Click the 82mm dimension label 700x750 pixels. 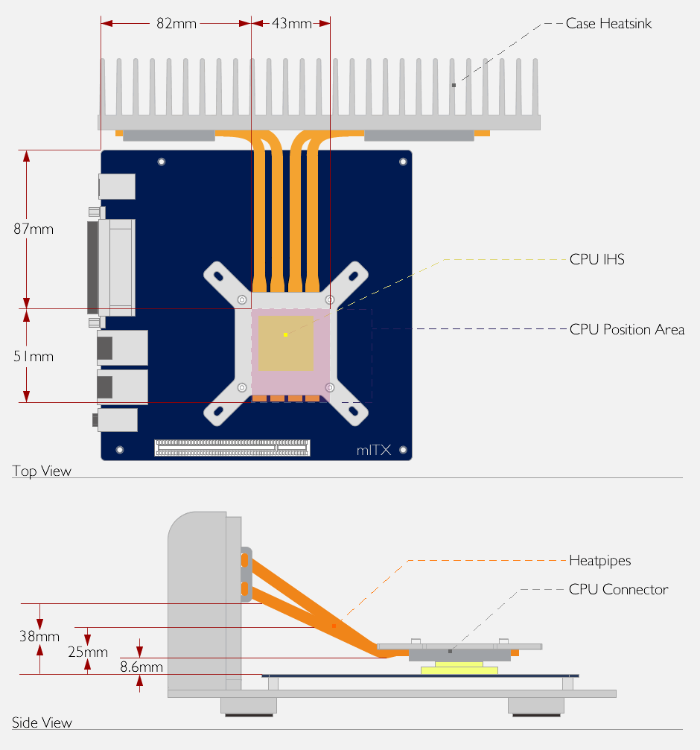[176, 23]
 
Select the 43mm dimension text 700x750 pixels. [292, 23]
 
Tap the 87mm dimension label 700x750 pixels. [34, 229]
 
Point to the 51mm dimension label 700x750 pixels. [34, 356]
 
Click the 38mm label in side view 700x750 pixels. [39, 636]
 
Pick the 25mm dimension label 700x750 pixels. [88, 652]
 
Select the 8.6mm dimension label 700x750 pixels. [141, 667]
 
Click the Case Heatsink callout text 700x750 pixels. [608, 23]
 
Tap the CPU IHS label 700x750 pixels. [597, 259]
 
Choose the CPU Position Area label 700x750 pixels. [627, 329]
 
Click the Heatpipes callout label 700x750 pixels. [600, 561]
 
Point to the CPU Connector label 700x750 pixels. [618, 589]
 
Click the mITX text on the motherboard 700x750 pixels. [374, 450]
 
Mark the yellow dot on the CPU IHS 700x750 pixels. [285, 334]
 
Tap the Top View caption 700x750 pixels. [42, 471]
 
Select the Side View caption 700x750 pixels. [42, 722]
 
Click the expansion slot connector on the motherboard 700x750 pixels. [232, 448]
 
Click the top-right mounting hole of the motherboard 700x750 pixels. [403, 162]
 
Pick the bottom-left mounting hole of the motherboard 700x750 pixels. [120, 450]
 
